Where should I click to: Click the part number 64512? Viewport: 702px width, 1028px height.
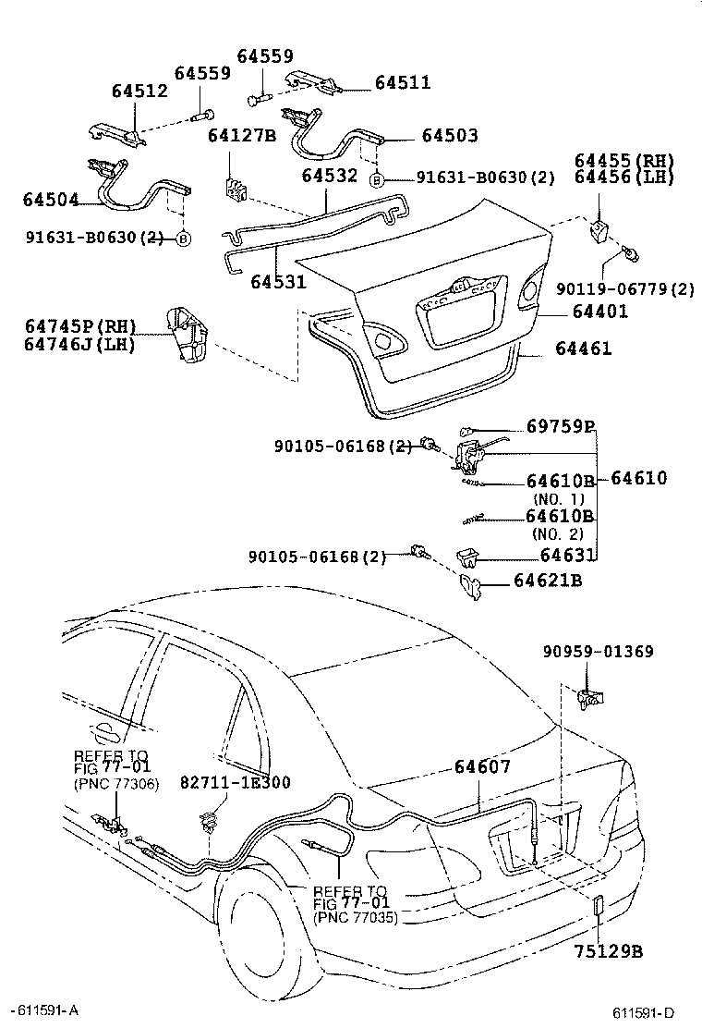[x=139, y=92]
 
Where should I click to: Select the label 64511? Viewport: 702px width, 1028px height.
[x=403, y=83]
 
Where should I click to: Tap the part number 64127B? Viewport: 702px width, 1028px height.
[x=242, y=136]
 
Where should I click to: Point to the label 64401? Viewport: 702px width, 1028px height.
[x=591, y=312]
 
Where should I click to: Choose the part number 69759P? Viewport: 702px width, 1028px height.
[x=560, y=427]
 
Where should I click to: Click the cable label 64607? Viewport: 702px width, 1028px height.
[x=481, y=766]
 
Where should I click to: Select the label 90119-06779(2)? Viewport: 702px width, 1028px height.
[x=624, y=289]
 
